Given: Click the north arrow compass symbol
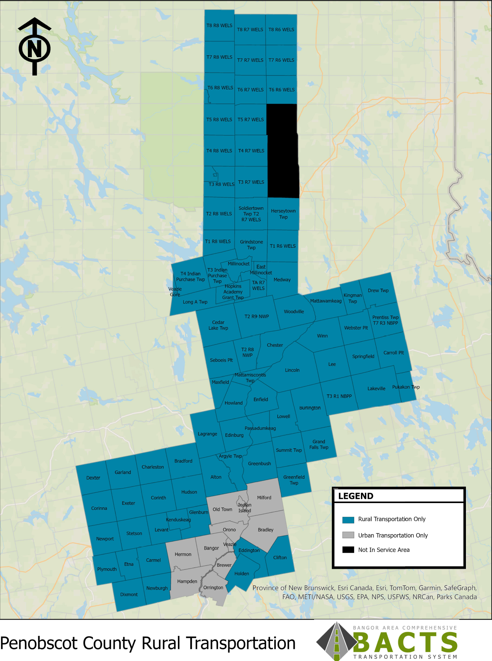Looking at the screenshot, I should click(x=35, y=47).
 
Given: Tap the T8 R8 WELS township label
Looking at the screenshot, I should click(x=219, y=26).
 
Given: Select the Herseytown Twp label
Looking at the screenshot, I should click(x=283, y=214).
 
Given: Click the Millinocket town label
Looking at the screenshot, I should click(x=239, y=264).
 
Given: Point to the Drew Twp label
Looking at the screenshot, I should click(x=378, y=291).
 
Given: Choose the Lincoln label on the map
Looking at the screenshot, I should click(x=292, y=371).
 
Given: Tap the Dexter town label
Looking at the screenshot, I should click(x=93, y=478).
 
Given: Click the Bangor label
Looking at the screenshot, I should click(x=211, y=548).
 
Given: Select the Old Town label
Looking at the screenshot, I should click(x=222, y=510).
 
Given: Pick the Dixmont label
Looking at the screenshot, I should click(x=129, y=595).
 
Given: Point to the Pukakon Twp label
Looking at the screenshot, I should click(x=406, y=387).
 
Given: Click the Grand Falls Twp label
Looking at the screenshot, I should click(x=319, y=445).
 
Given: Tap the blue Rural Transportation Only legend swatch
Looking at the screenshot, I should click(x=348, y=520).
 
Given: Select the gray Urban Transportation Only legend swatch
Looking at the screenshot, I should click(x=348, y=535).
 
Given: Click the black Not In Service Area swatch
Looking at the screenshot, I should click(x=348, y=550).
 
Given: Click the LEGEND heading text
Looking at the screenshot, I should click(x=356, y=496).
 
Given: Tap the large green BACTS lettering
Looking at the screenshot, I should click(x=406, y=642).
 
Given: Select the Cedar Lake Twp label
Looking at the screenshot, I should click(x=218, y=325).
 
